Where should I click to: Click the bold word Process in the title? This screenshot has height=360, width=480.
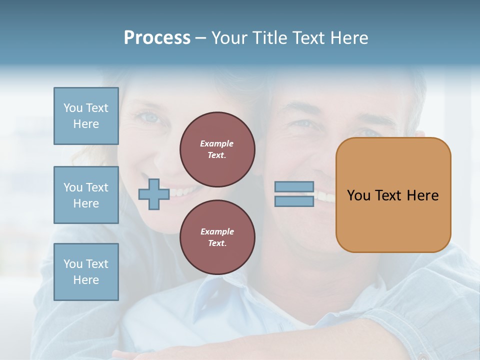(157, 38)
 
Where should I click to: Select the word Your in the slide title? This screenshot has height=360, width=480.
(230, 38)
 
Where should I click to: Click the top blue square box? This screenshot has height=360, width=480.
(86, 116)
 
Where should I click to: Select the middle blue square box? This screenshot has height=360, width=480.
(86, 195)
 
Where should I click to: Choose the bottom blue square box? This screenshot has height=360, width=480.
(86, 271)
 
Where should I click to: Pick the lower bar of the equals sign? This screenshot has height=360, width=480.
(294, 201)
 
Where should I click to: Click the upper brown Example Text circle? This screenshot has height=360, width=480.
(217, 149)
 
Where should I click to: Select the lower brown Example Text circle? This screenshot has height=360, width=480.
(217, 237)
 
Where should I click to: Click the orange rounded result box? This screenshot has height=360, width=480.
(393, 195)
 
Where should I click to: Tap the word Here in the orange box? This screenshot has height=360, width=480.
(422, 195)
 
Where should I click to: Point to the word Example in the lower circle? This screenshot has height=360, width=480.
(217, 231)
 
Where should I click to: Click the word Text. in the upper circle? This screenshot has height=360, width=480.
(217, 155)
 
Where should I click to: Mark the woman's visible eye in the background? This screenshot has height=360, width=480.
(150, 117)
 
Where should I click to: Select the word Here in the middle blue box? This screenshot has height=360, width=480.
(86, 203)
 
